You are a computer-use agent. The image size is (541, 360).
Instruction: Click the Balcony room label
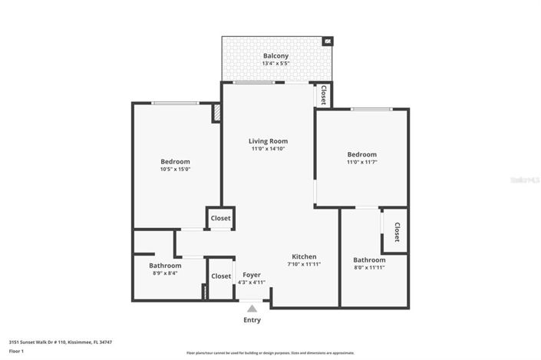pos(275,56)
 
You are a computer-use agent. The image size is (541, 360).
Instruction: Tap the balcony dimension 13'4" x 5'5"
pos(275,65)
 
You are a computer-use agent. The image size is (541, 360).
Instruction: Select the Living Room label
pos(268,140)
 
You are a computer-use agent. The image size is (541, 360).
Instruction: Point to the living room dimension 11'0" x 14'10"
pos(268,149)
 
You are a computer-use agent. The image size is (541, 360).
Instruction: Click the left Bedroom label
pos(175,161)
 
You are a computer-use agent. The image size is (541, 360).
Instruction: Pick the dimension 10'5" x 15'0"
pos(175,170)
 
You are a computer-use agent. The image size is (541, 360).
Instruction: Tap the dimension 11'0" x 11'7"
pos(361,163)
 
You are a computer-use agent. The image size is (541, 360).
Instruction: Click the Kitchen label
pos(304,256)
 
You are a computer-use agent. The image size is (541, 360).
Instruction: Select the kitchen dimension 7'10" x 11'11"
pos(304,264)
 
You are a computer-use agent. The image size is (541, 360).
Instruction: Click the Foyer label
pos(252,274)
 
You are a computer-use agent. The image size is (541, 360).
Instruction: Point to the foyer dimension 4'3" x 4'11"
pos(252,282)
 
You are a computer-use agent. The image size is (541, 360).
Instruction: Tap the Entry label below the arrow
pos(252,319)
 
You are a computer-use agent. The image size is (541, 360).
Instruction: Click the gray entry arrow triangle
pos(252,309)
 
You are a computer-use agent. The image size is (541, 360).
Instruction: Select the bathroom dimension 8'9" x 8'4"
pos(165,273)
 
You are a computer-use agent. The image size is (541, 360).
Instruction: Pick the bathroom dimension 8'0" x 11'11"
pos(368,268)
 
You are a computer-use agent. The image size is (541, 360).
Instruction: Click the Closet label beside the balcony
pos(323,95)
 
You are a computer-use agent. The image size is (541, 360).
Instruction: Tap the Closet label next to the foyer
pos(221,276)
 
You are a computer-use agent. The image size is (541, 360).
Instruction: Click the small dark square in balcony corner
pos(328,41)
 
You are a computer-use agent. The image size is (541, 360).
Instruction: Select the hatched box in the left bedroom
pos(216,113)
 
